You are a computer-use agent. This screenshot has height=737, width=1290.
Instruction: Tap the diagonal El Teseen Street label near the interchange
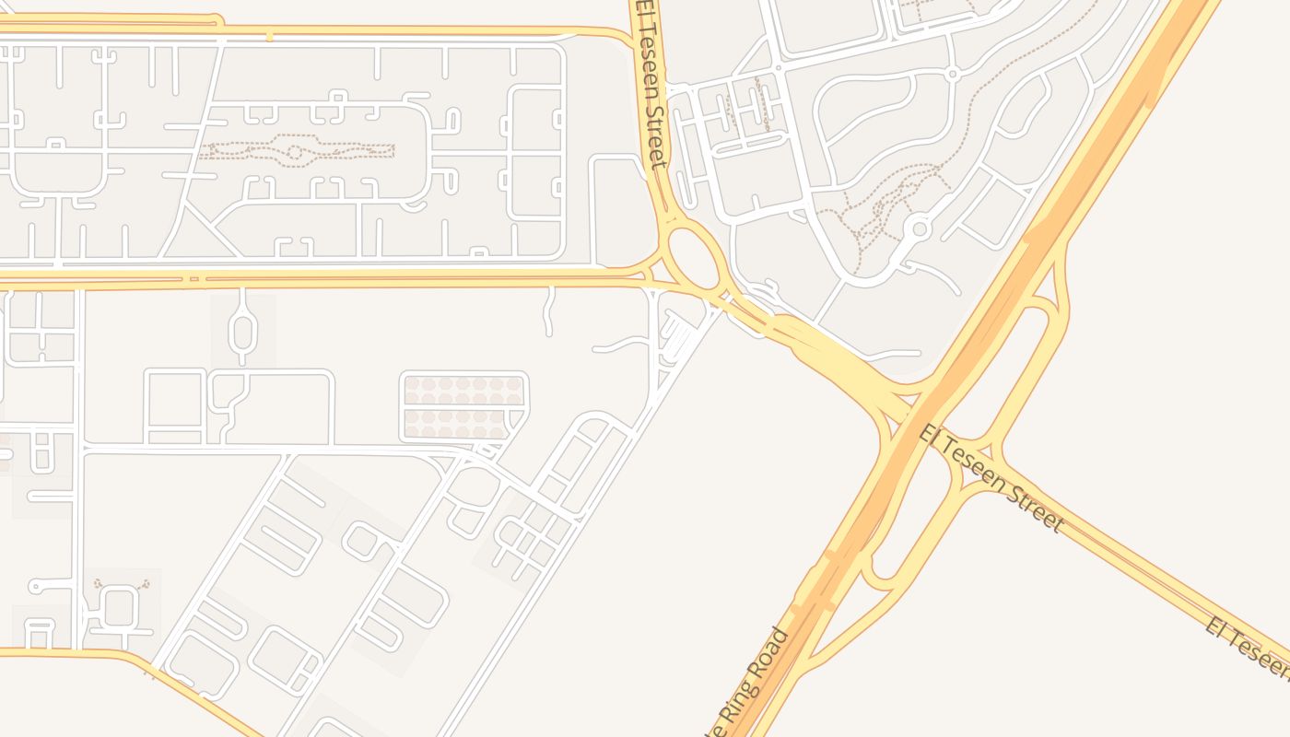[991, 477]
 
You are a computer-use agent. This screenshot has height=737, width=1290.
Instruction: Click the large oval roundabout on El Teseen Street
[694, 257]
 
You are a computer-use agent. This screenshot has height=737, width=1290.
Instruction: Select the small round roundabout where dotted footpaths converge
[919, 228]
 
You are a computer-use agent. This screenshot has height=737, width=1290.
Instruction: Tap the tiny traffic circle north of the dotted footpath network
[954, 73]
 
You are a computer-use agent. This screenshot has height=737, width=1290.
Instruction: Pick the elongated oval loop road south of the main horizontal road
[241, 327]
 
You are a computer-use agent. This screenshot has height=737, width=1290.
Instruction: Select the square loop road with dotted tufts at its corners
[120, 606]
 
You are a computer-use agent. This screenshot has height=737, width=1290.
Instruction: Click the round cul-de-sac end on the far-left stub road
[35, 586]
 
